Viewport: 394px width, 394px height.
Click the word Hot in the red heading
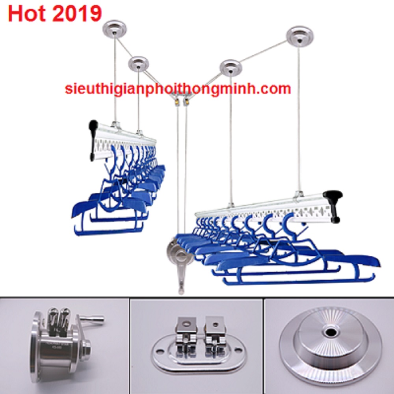(x=27, y=13)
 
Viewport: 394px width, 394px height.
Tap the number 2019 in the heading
(x=77, y=13)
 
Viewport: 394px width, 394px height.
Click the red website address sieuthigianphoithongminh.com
(x=178, y=89)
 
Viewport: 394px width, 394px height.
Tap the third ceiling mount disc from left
(x=230, y=67)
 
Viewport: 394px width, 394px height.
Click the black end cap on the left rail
(x=93, y=140)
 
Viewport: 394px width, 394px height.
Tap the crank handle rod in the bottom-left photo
(x=92, y=320)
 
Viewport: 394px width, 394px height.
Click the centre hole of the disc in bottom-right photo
(x=329, y=333)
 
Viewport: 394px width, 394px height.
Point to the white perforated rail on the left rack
(x=125, y=141)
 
